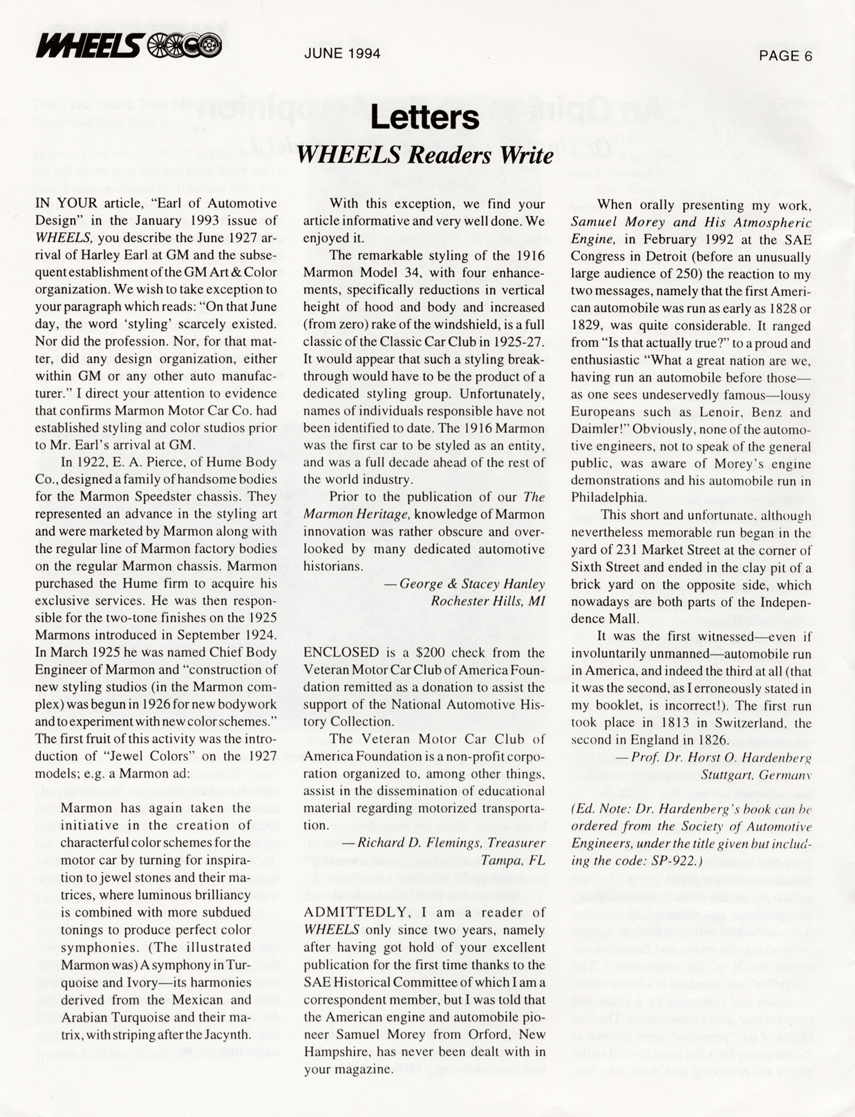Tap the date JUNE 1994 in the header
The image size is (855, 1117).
click(x=342, y=53)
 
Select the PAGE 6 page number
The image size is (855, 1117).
click(x=785, y=56)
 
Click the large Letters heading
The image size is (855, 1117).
click(x=424, y=118)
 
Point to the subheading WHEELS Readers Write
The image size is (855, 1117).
click(x=424, y=155)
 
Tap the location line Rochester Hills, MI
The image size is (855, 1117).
click(x=487, y=601)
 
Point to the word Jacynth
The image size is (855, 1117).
click(x=226, y=1034)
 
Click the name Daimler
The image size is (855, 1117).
click(x=596, y=429)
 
